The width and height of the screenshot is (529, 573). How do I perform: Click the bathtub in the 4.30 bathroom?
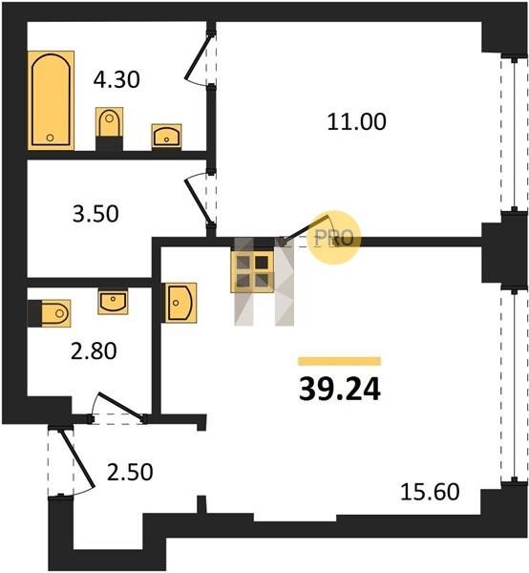point(52,100)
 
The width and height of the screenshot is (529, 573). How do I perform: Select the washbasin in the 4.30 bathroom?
point(166,137)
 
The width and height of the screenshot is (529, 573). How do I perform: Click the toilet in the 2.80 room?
point(50,313)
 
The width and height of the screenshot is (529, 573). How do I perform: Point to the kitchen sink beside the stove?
point(180,303)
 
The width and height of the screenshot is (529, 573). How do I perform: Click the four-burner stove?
point(252,271)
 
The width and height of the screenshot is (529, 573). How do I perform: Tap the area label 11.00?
point(356,121)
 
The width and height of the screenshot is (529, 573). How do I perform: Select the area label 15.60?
point(430,492)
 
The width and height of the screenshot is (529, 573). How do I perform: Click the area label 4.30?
point(116,79)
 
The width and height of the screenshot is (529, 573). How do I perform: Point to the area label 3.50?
point(95,214)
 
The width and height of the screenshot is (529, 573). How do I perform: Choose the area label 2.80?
point(94,350)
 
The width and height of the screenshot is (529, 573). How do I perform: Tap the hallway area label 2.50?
point(130,472)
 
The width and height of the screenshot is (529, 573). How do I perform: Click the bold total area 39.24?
point(340,390)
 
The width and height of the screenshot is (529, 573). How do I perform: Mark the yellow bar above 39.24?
point(340,361)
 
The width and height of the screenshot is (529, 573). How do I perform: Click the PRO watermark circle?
point(334,238)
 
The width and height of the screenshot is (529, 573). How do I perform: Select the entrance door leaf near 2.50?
point(77,458)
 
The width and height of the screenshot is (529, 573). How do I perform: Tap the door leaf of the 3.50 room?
point(198,201)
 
